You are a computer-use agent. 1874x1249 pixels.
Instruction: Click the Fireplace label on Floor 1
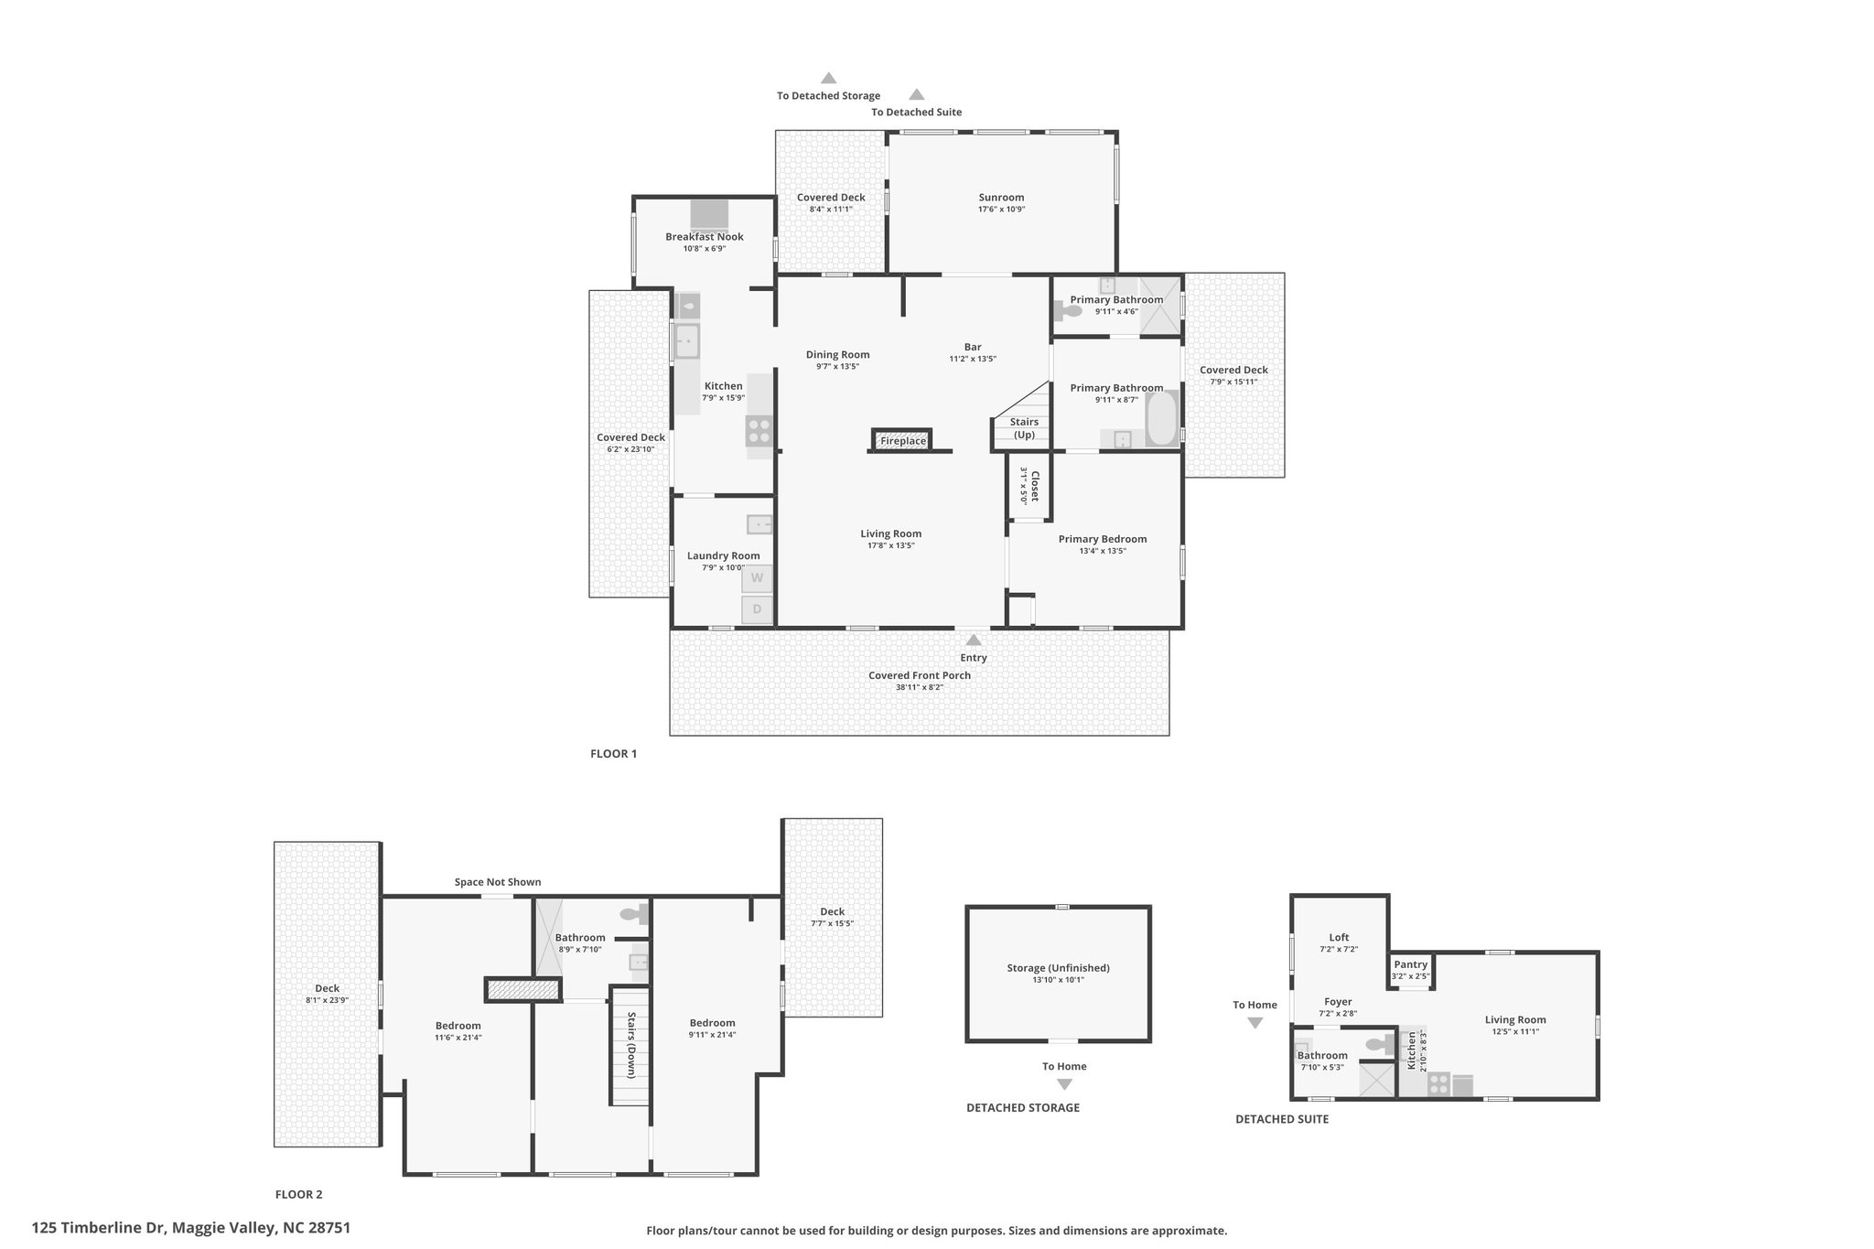[x=903, y=441]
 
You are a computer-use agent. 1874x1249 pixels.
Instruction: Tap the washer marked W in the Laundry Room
[x=757, y=578]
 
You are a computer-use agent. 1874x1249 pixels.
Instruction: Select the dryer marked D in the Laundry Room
[x=757, y=609]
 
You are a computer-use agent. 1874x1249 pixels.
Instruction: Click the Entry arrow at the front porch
[x=974, y=640]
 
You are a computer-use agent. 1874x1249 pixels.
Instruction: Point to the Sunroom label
[x=1001, y=198]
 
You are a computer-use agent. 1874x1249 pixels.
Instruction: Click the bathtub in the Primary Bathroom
[x=1161, y=419]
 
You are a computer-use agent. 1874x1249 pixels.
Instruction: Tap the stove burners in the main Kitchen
[x=759, y=431]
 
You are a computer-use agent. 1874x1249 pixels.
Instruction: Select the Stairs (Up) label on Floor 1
[x=1024, y=428]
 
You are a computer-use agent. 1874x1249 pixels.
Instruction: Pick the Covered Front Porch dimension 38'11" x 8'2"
[x=919, y=687]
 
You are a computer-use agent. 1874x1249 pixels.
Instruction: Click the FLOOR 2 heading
[x=298, y=1194]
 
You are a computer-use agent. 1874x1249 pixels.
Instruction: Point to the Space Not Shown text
[x=498, y=882]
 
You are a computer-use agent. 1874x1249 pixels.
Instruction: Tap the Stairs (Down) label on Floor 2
[x=631, y=1044]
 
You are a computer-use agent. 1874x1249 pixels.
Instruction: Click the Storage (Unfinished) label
[x=1058, y=968]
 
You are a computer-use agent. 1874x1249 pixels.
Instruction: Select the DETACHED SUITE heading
[x=1282, y=1119]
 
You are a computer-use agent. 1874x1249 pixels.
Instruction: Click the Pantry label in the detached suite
[x=1410, y=964]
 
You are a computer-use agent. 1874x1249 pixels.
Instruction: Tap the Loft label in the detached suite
[x=1339, y=937]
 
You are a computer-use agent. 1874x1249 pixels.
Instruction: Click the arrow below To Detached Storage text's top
[x=828, y=78]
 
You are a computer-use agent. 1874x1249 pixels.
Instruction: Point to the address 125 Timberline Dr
[x=98, y=1228]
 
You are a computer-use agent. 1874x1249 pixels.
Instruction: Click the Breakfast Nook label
[x=704, y=237]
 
